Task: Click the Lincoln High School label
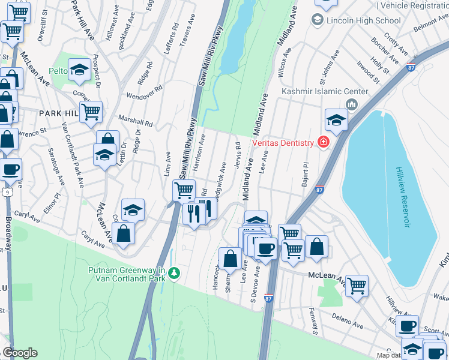(x=364, y=20)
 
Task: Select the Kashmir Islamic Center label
(x=325, y=92)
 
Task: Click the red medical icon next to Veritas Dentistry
(x=324, y=142)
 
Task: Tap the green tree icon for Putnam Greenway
(x=174, y=273)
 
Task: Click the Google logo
(x=20, y=353)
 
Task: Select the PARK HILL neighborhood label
(x=58, y=113)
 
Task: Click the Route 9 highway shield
(x=6, y=192)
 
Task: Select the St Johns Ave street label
(x=322, y=71)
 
